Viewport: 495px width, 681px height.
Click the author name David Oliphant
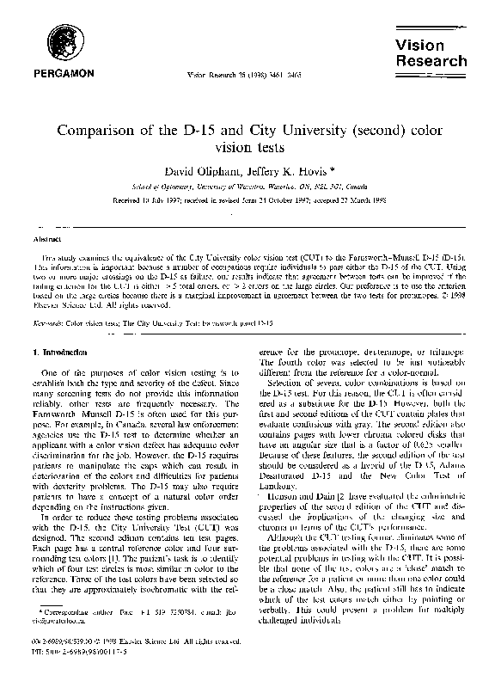click(200, 172)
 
